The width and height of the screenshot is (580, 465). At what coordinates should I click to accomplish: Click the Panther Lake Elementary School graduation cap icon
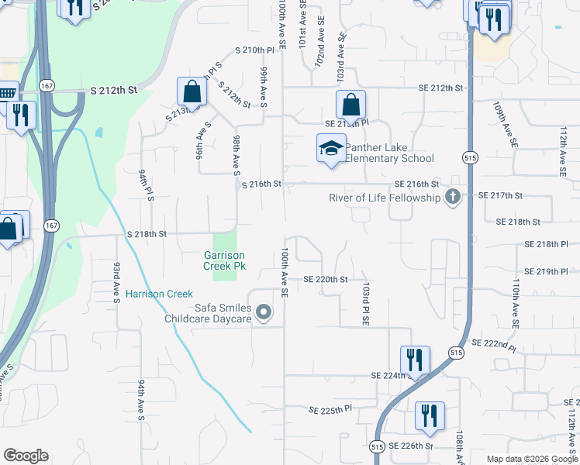click(x=331, y=148)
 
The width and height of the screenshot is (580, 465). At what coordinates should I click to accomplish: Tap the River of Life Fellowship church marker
click(x=452, y=198)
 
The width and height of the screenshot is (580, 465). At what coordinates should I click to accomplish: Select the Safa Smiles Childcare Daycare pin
click(x=264, y=313)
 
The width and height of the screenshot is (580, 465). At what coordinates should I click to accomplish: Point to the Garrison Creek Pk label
click(x=224, y=260)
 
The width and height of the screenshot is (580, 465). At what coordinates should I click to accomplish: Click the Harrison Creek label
click(x=159, y=294)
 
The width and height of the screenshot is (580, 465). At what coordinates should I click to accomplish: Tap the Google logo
click(x=26, y=456)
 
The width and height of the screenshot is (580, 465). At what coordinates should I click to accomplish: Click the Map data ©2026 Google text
click(x=530, y=459)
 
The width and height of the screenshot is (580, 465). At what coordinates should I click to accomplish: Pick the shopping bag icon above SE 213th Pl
click(x=350, y=104)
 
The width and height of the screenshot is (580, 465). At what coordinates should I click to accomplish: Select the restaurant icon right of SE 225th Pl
click(x=429, y=415)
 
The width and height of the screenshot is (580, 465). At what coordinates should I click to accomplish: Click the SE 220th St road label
click(x=324, y=279)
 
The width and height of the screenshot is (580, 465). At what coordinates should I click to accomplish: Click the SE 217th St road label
click(x=502, y=195)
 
